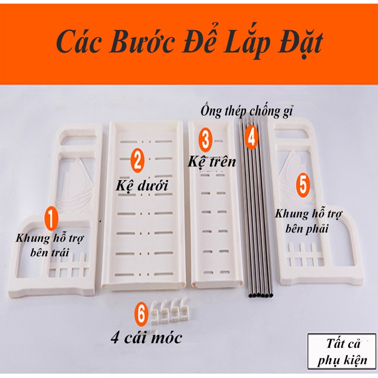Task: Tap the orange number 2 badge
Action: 137,161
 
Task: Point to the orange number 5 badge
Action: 303,185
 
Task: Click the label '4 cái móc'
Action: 146,338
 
